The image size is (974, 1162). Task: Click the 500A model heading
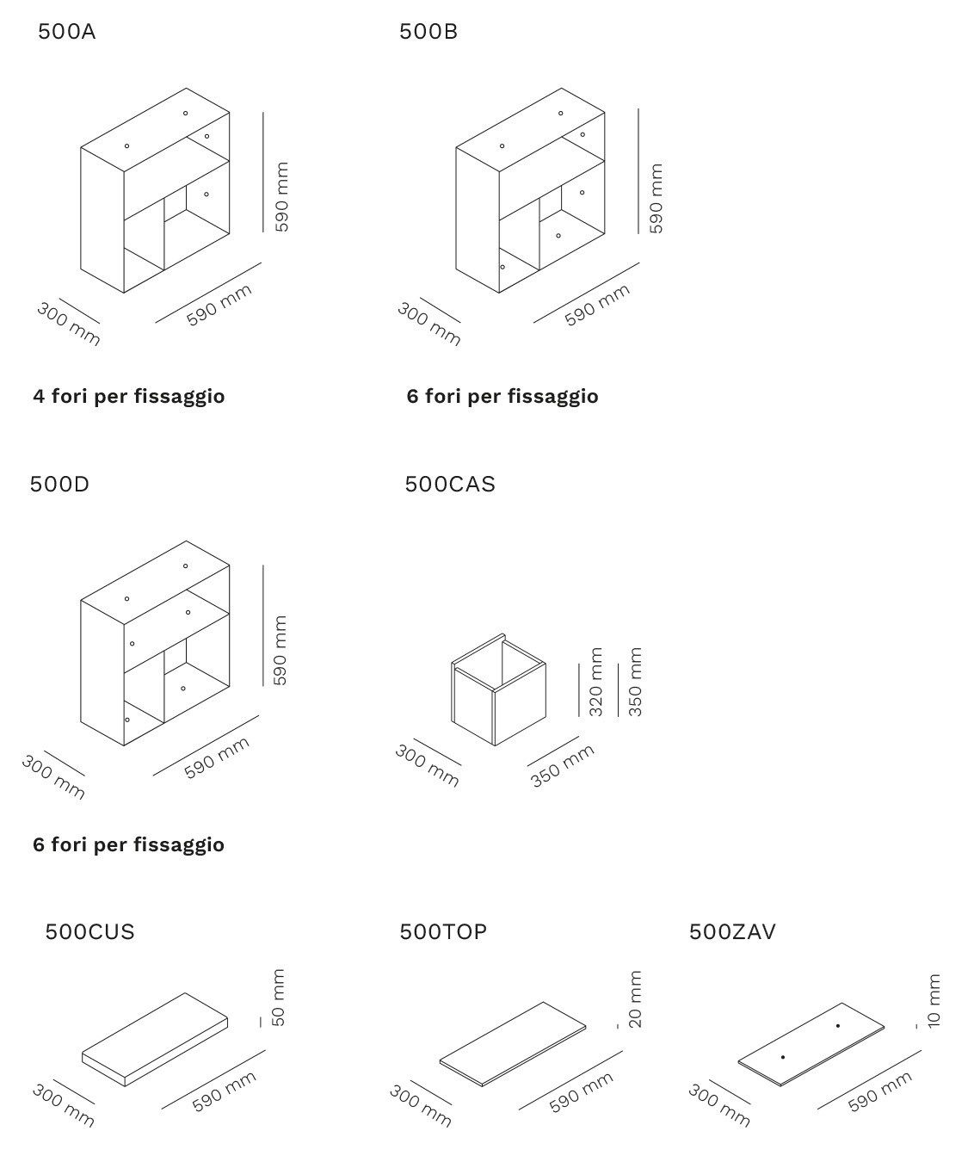pos(66,33)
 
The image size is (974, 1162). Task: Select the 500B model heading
pos(428,33)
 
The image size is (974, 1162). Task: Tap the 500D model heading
pos(59,485)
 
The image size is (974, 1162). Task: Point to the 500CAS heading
pos(450,485)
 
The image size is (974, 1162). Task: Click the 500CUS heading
pos(89,932)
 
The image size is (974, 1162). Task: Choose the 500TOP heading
pos(443,932)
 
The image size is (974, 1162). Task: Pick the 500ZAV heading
pos(732,932)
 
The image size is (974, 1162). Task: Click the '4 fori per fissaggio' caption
pos(129,397)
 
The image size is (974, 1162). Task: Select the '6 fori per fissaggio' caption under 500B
pos(502,397)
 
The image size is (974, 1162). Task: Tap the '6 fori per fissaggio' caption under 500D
pos(129,845)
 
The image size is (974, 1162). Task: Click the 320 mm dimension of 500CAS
pos(595,683)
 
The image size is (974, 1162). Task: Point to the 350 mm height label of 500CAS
pos(635,683)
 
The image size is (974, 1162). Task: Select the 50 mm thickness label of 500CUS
pos(277,998)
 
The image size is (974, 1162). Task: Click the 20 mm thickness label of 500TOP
pos(635,1000)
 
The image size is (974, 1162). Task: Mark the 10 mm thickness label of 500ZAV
pos(934,1000)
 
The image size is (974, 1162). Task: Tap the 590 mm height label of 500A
pos(281,197)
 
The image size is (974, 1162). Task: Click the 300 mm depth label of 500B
pos(428,324)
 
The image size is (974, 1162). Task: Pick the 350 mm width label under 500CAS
pos(562,766)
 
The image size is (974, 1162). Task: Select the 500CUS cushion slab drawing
pos(155,1039)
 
